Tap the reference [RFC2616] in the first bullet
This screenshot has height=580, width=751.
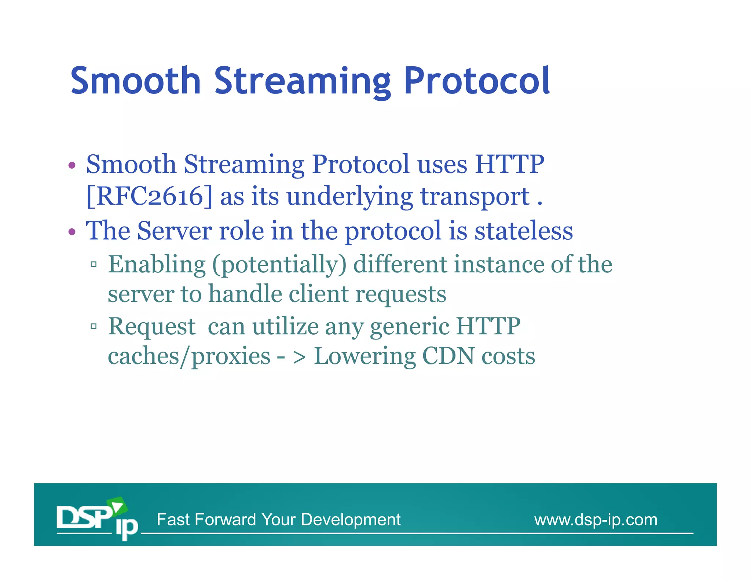pos(149,197)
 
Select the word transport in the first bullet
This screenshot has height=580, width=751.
pos(475,197)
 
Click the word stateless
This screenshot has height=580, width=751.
pos(523,231)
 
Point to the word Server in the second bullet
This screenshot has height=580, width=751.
pos(174,231)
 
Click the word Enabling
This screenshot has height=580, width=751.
pos(157,265)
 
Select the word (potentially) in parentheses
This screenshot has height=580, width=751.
pos(279,265)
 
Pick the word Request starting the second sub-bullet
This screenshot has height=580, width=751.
pos(152,327)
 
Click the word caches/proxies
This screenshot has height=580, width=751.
pos(189,357)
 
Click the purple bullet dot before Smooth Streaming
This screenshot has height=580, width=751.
pos(72,165)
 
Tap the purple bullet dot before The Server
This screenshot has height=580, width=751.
pos(72,232)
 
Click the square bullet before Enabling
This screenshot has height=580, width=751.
pos(94,264)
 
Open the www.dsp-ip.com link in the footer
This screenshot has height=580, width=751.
pos(596,520)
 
